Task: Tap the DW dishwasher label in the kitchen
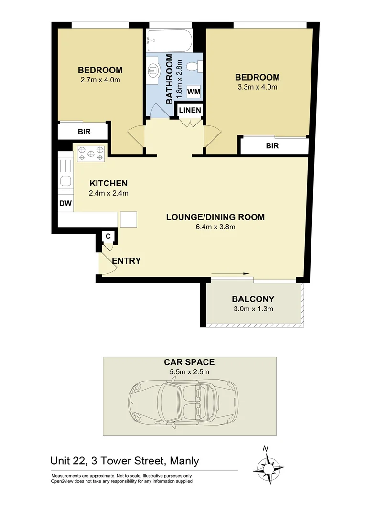pyautogui.click(x=65, y=203)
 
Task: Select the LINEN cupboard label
pyautogui.click(x=190, y=111)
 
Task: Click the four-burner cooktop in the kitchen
pyautogui.click(x=91, y=153)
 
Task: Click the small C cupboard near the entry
pyautogui.click(x=108, y=236)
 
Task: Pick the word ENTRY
pyautogui.click(x=127, y=261)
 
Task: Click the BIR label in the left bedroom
pyautogui.click(x=84, y=132)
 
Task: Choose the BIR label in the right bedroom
pyautogui.click(x=272, y=146)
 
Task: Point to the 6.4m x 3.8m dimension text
pyautogui.click(x=215, y=227)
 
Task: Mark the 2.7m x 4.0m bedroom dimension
pyautogui.click(x=100, y=80)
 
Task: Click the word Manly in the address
pyautogui.click(x=182, y=461)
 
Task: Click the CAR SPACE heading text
pyautogui.click(x=189, y=362)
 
